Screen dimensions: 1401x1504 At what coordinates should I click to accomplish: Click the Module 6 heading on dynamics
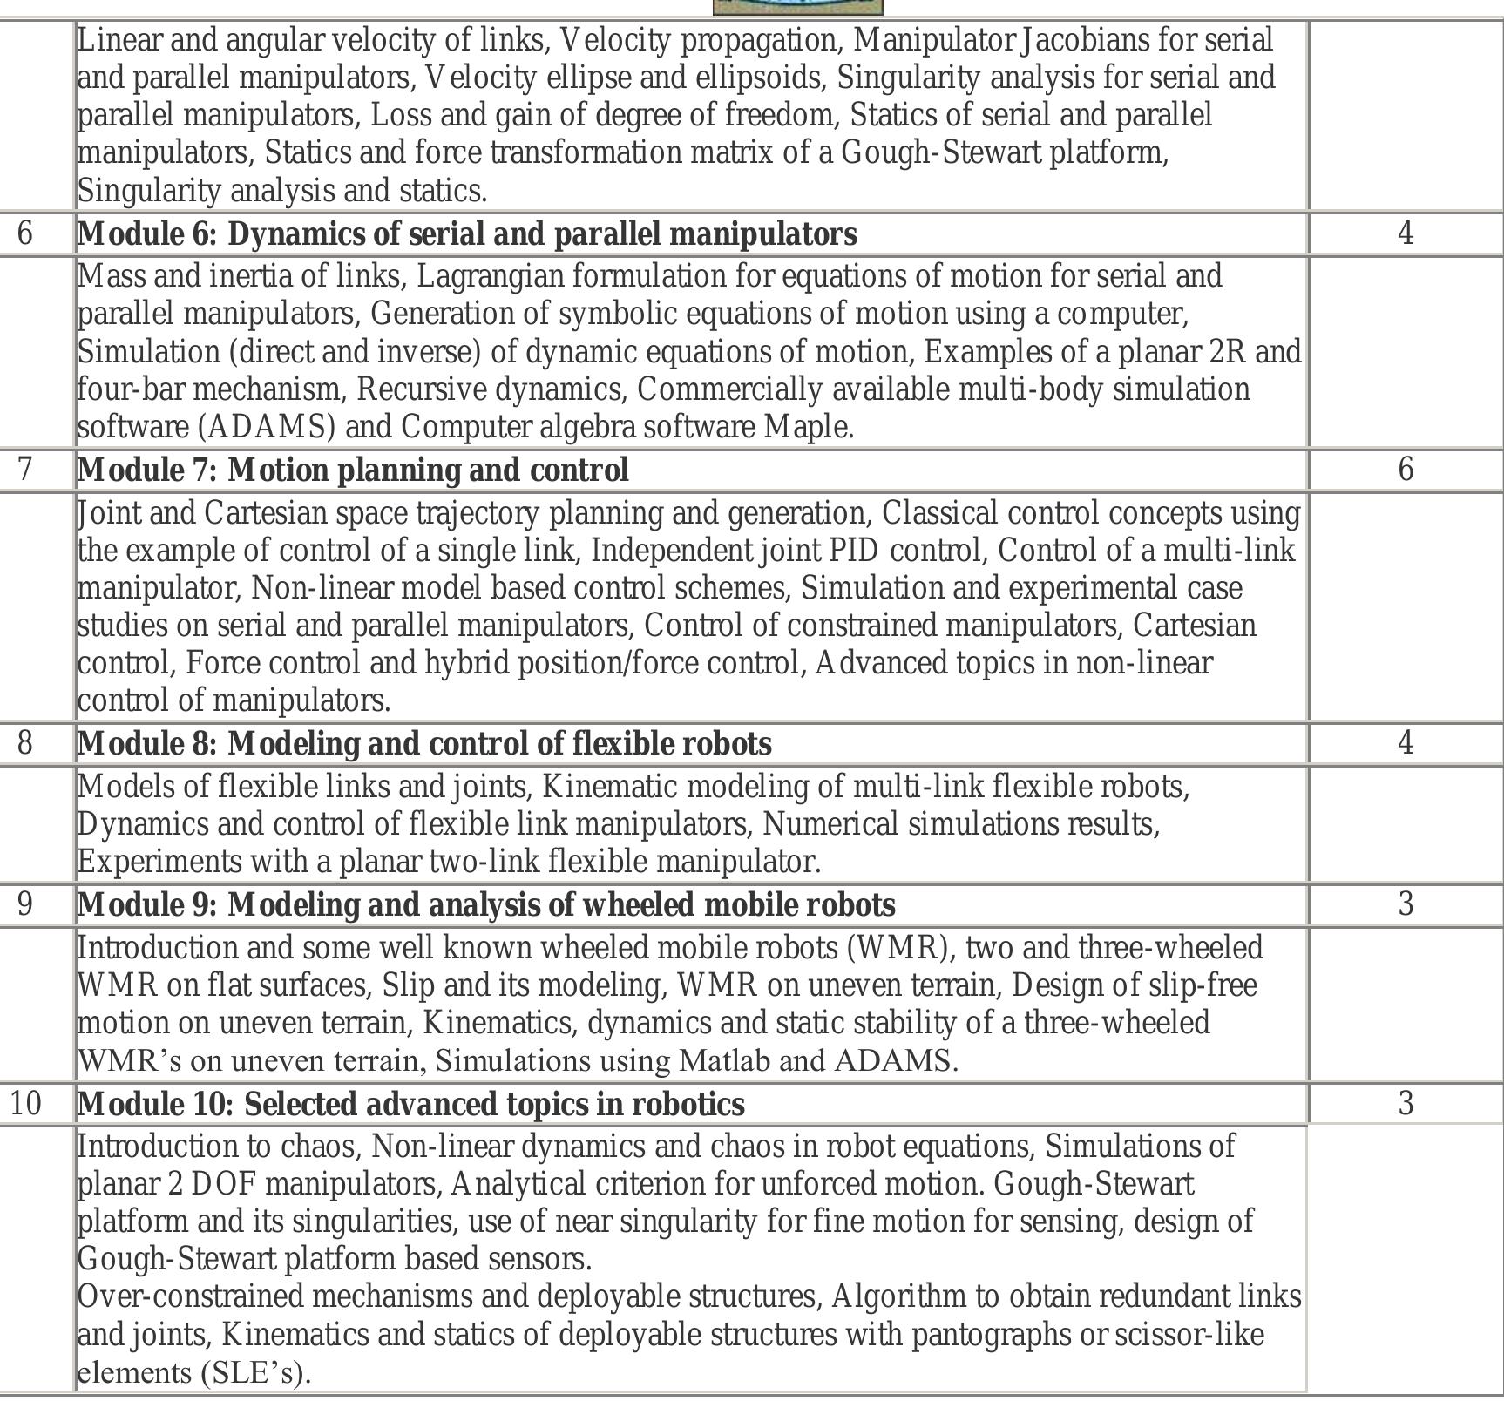[467, 233]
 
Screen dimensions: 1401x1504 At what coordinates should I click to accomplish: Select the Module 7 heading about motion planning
[353, 470]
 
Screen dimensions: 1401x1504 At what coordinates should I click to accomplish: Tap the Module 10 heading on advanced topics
[410, 1104]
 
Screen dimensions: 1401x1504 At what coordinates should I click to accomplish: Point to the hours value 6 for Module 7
[1405, 470]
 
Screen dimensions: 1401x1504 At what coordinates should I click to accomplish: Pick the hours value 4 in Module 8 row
[1405, 743]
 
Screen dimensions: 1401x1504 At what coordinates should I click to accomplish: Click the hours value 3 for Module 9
[1405, 904]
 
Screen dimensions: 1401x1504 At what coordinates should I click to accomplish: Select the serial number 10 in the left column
[25, 1104]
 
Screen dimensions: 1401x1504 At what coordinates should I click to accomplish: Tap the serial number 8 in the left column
[25, 743]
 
